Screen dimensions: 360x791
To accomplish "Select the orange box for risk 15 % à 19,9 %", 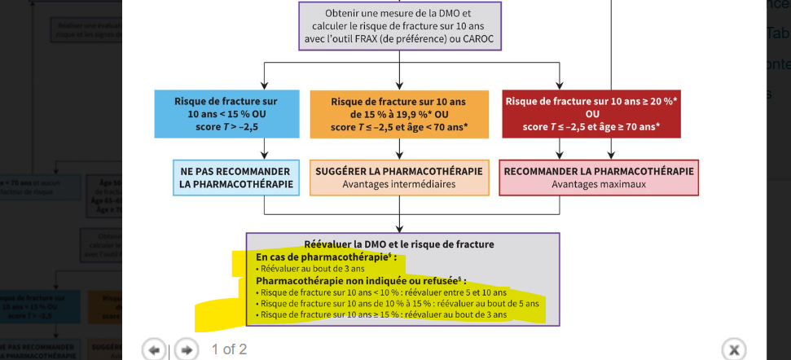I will pos(398,113).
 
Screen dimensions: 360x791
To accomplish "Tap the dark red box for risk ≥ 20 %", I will pos(591,113).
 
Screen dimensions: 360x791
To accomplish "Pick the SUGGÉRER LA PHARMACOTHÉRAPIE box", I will pos(398,172).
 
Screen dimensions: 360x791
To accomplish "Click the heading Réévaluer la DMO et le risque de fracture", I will pos(398,244).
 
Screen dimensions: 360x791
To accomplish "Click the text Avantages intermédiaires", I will pos(398,184).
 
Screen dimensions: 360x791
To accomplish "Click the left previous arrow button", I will pos(153,349).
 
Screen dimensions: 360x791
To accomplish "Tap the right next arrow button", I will pos(186,349).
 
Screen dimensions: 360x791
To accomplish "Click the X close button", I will pos(733,349).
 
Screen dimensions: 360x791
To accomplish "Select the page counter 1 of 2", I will pos(229,349).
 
